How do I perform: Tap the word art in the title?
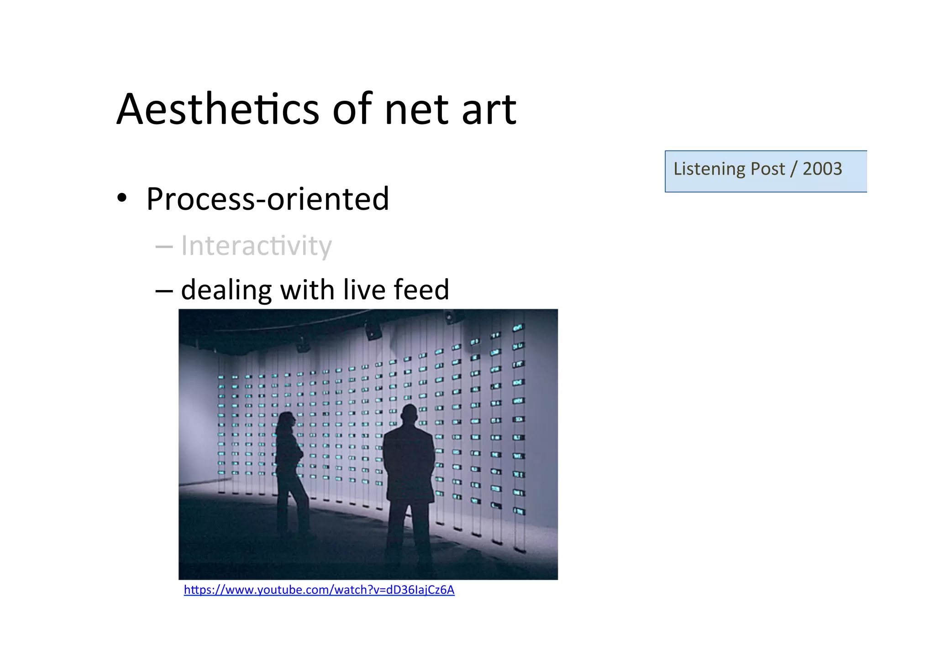click(489, 110)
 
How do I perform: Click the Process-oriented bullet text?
click(267, 199)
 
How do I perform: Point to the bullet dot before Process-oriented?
click(121, 198)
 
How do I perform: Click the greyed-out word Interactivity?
click(256, 246)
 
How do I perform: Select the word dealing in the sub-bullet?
click(226, 291)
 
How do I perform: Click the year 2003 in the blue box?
click(822, 169)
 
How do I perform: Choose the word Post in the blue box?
click(768, 169)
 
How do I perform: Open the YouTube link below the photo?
click(319, 590)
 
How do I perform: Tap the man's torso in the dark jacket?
click(409, 461)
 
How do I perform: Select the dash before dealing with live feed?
click(164, 291)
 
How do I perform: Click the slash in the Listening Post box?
click(793, 169)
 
